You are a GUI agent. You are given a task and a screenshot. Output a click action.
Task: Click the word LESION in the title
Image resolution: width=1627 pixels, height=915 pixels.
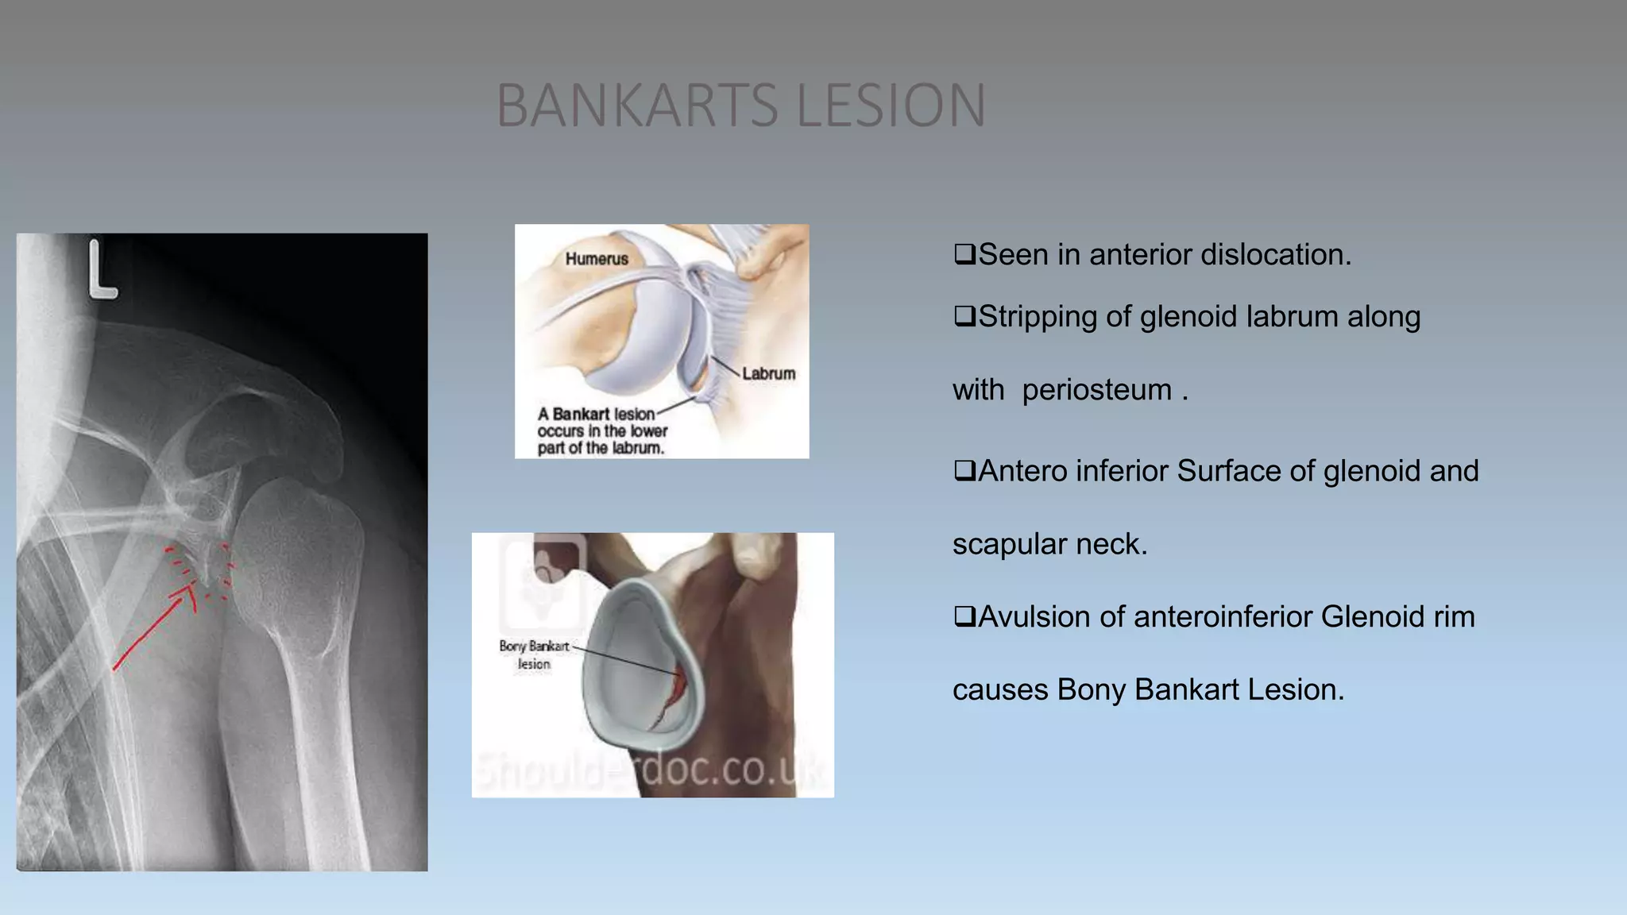(891, 105)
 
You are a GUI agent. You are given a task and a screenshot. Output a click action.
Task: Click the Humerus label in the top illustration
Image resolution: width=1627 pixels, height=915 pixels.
(597, 259)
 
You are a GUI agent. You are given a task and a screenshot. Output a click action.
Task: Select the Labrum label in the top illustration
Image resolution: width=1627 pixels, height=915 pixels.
(768, 373)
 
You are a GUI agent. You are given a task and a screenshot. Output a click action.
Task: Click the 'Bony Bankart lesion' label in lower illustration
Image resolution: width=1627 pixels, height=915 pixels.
(534, 655)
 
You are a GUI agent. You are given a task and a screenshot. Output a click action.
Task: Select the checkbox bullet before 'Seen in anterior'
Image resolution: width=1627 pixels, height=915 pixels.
(964, 255)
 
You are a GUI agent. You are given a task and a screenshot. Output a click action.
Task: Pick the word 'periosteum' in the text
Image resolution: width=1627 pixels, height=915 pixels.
(1096, 390)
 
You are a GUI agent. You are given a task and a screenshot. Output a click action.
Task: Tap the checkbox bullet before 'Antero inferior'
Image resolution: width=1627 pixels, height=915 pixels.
(964, 471)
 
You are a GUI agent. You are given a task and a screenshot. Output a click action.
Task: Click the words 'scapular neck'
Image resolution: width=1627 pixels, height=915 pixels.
(1049, 544)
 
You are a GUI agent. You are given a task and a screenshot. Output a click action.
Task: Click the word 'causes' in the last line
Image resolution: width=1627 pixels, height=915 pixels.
(1000, 689)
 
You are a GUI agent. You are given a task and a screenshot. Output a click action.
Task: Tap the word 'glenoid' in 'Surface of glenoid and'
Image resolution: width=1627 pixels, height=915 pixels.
(1373, 471)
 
